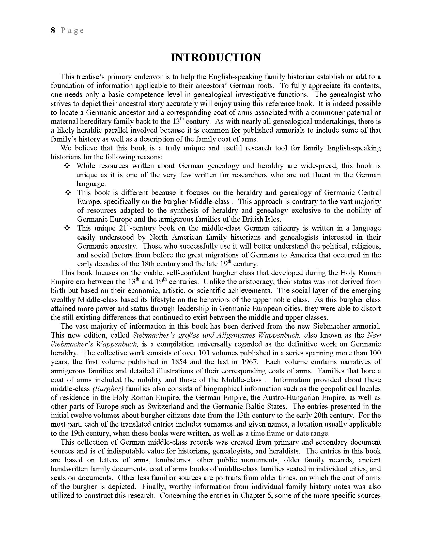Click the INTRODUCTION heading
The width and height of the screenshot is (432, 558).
click(216, 58)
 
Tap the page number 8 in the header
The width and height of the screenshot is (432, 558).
click(53, 31)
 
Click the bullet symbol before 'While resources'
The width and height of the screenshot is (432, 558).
click(67, 166)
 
